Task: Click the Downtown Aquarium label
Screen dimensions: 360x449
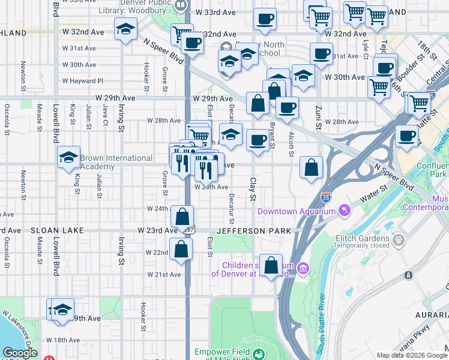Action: pos(296,211)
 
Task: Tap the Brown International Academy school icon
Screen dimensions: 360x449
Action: pos(69,158)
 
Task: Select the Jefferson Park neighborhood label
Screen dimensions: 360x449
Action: pos(254,230)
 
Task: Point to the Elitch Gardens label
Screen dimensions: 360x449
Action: pos(361,237)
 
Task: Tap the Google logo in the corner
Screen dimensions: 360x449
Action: pos(19,353)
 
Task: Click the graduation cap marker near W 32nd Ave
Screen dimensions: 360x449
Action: pos(125,29)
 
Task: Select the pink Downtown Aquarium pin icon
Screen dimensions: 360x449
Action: pos(344,211)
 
